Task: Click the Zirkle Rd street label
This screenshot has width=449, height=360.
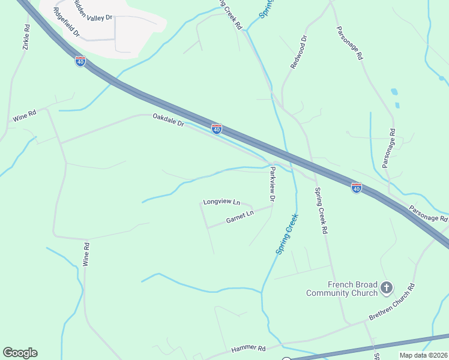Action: tap(26, 37)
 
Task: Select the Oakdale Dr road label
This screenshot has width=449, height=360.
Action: tap(168, 120)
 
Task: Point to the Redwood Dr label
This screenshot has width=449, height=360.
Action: tap(299, 52)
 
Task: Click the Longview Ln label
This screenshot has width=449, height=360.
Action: tap(221, 202)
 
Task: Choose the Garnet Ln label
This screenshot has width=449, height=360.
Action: tap(240, 217)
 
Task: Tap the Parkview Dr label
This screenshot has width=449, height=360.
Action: tap(272, 184)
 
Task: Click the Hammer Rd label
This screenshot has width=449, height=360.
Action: tap(248, 348)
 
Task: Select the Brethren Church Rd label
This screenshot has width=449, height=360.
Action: tap(393, 302)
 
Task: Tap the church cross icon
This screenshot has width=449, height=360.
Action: tap(387, 289)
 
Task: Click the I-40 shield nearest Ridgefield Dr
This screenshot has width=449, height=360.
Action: tap(80, 61)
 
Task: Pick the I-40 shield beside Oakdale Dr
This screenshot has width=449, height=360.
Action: tap(217, 129)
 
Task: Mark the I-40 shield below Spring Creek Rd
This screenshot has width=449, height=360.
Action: tap(357, 188)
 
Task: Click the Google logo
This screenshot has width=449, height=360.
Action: tap(20, 353)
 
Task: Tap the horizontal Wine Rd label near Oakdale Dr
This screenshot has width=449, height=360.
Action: tap(25, 116)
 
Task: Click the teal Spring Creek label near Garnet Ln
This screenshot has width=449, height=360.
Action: tap(287, 235)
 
